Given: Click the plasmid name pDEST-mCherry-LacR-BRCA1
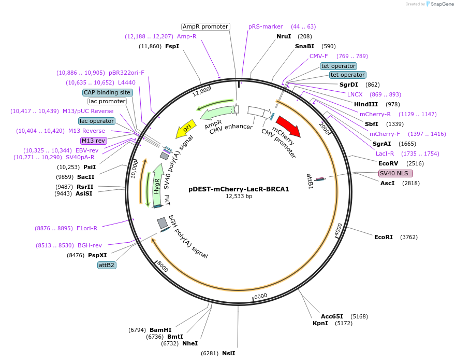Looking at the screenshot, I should pyautogui.click(x=239, y=189).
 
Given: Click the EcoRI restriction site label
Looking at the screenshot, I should pyautogui.click(x=383, y=237).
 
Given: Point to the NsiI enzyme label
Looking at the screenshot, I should pyautogui.click(x=228, y=353).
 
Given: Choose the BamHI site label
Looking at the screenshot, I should pyautogui.click(x=160, y=329).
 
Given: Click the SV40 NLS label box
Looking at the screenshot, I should pyautogui.click(x=395, y=173).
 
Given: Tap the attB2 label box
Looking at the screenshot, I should pyautogui.click(x=107, y=265).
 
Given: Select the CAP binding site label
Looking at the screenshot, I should pyautogui.click(x=107, y=92).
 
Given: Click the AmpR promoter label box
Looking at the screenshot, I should pyautogui.click(x=205, y=26).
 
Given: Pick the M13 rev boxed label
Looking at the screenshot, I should pyautogui.click(x=93, y=141).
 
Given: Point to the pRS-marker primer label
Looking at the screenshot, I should pyautogui.click(x=266, y=26).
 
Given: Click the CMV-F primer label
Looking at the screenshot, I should pyautogui.click(x=318, y=56).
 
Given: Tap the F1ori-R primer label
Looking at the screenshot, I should pyautogui.click(x=86, y=228).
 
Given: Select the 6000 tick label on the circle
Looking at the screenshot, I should pyautogui.click(x=260, y=296).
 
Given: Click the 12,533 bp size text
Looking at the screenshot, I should pyautogui.click(x=239, y=197).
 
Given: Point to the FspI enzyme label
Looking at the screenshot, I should pyautogui.click(x=172, y=46).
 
